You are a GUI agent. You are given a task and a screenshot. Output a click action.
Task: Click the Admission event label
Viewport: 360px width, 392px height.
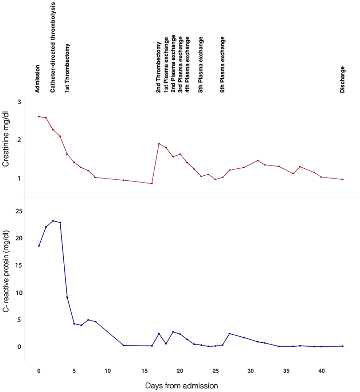pos(37,78)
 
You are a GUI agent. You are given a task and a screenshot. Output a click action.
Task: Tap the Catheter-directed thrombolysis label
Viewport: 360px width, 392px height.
pos(53,47)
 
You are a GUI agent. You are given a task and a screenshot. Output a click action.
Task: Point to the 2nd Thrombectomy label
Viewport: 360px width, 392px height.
pos(158,68)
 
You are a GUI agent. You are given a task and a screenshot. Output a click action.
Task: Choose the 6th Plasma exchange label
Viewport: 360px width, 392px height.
pos(222,65)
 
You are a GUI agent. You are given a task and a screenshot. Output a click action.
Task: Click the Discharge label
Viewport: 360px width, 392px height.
pos(342,79)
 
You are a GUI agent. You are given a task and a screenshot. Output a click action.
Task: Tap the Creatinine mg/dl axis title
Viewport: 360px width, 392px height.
pos(6,140)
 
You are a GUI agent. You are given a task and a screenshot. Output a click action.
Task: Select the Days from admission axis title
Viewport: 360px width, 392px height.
pos(181,385)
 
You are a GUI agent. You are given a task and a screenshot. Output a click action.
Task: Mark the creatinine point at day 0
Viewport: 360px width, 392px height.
pos(39,117)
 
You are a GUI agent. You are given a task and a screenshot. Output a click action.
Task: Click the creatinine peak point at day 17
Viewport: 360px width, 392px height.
pos(159,144)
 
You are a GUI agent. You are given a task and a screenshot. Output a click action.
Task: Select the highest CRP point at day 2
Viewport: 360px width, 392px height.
pos(53,221)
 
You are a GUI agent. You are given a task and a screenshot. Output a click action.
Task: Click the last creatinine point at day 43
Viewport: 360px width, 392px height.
pos(343,179)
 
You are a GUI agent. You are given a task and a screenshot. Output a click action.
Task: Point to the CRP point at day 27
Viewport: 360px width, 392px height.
pos(229,334)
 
